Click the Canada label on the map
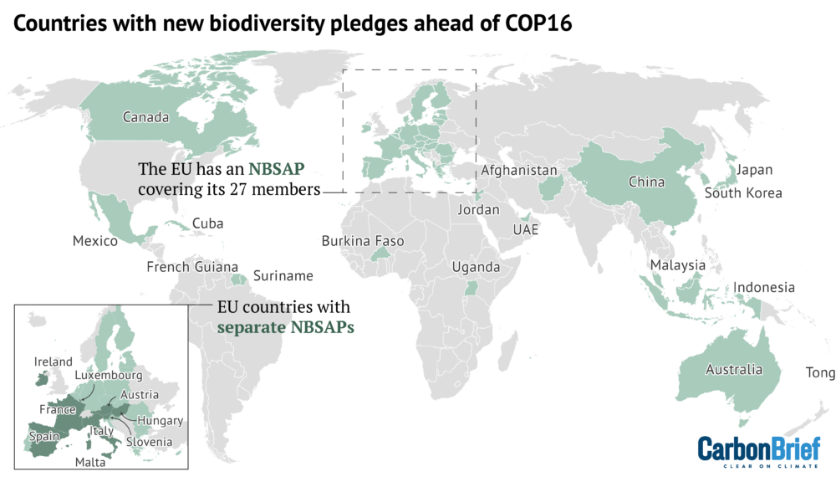point(145,117)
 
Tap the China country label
point(646,182)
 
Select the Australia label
point(734,369)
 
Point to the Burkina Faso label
point(363,241)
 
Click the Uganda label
point(476,267)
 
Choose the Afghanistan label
point(519,171)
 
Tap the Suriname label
point(283,275)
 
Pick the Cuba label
point(207,223)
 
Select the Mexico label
point(95,241)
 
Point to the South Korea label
point(743,193)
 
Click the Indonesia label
point(764,287)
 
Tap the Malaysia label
point(678,265)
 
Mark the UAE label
point(526,228)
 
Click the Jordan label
point(478,210)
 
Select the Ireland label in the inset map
point(54,361)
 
